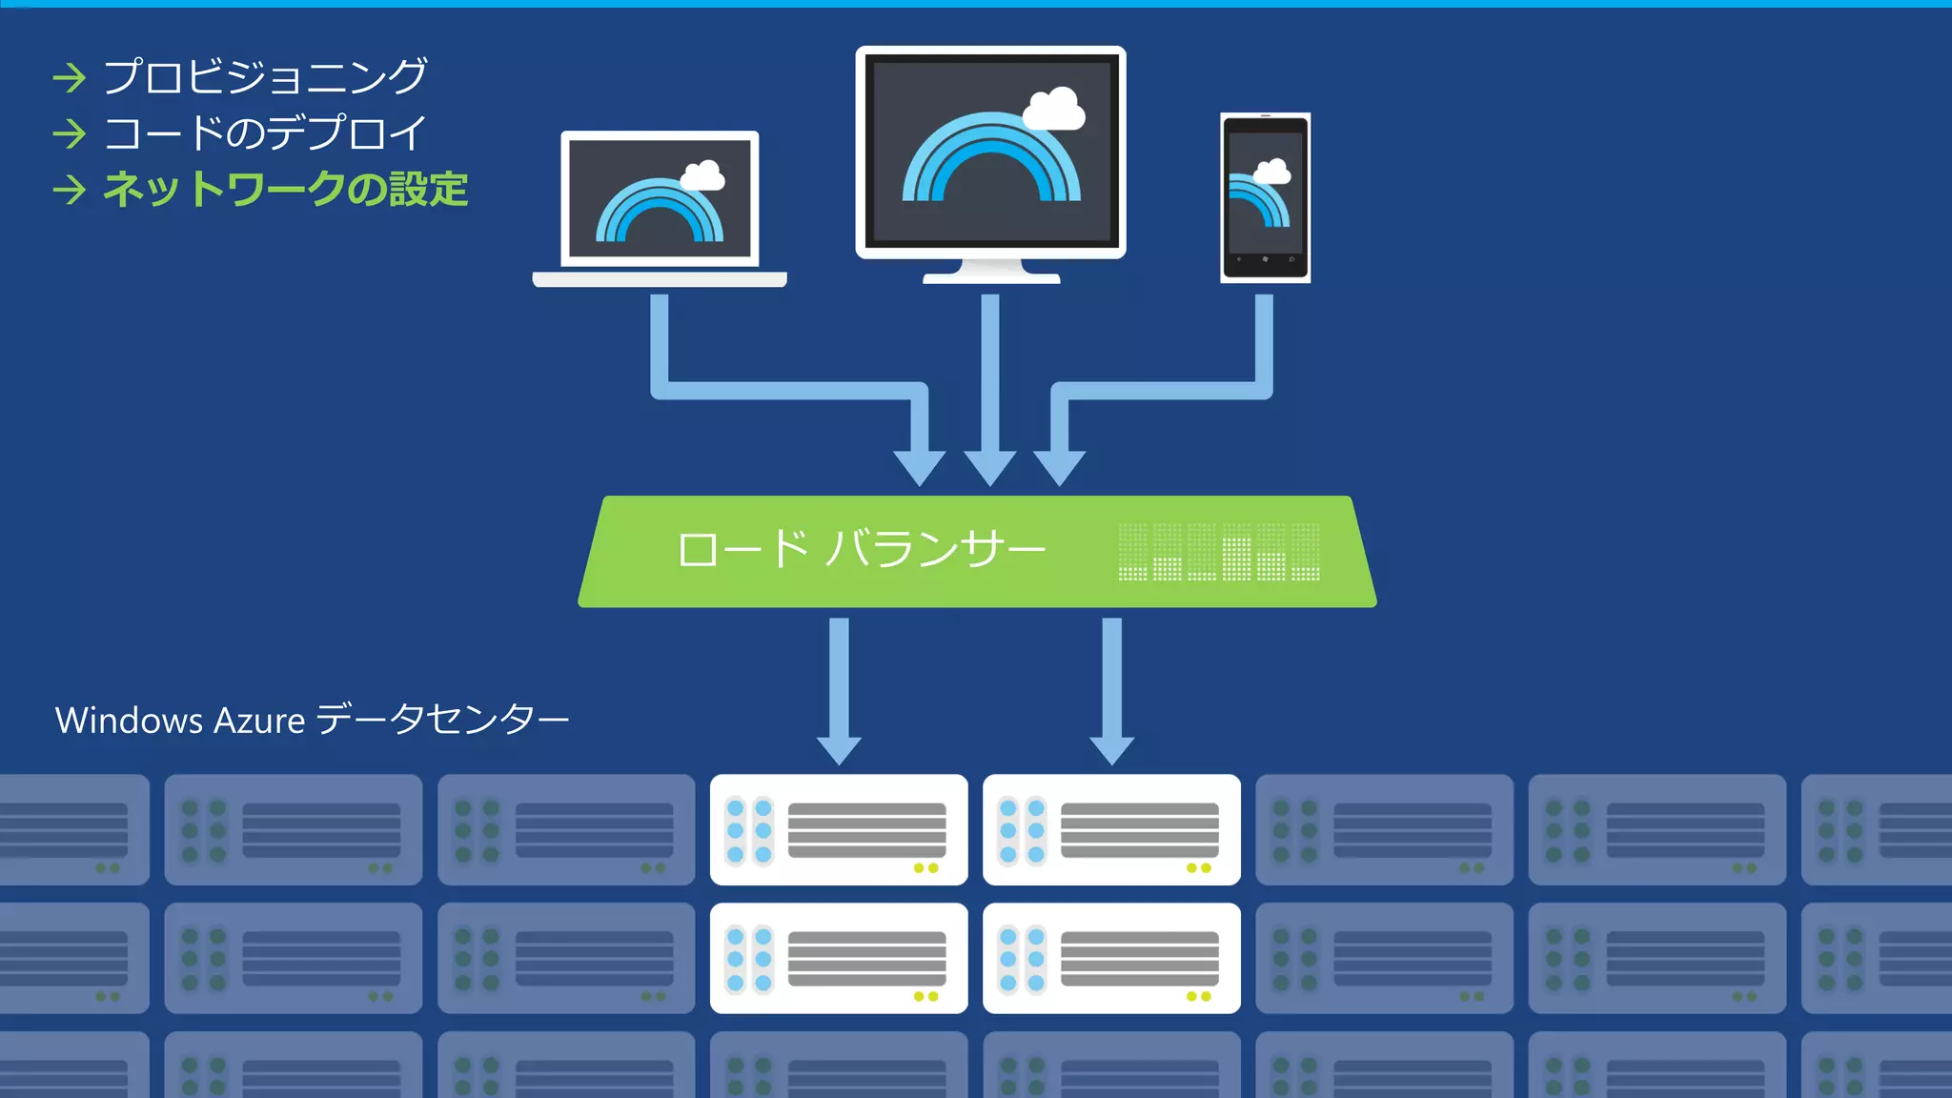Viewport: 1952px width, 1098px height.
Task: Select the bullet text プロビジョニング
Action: point(264,76)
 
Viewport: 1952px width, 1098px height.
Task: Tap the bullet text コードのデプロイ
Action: point(264,132)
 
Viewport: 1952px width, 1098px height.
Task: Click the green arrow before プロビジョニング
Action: point(70,77)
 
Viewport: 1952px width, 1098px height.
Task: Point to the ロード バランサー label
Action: point(861,550)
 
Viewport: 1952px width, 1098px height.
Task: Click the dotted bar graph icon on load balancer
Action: point(1218,552)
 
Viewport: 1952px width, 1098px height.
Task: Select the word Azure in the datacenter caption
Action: point(258,721)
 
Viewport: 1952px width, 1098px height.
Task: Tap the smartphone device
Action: point(1265,197)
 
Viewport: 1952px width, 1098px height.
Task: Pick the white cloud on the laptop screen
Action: point(702,175)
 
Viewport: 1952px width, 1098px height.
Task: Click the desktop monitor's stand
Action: point(991,272)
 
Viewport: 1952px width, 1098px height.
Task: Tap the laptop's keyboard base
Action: point(659,279)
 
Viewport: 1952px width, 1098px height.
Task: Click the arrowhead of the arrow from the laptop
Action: point(920,467)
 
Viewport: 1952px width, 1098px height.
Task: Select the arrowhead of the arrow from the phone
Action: point(1059,467)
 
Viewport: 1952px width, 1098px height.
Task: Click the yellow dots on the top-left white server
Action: point(925,868)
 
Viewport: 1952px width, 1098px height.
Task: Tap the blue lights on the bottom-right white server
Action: point(1022,959)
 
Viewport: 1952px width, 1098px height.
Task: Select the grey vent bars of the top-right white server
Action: point(1139,829)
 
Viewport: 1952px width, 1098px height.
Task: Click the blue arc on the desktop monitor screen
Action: point(991,157)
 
